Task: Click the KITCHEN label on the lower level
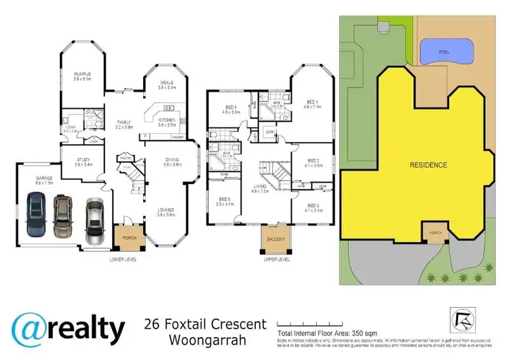(167, 122)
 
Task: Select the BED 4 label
(231, 109)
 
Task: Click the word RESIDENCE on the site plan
(428, 165)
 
